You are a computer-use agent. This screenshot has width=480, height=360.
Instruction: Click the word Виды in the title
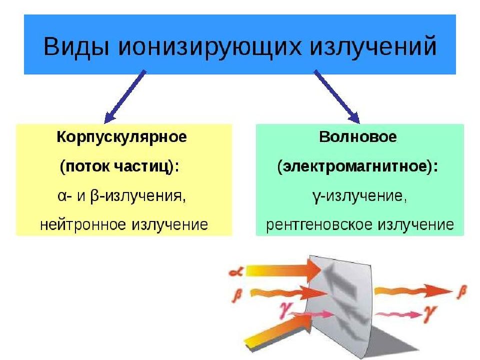[x=76, y=46]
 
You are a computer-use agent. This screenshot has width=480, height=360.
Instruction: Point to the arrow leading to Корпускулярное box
[x=125, y=96]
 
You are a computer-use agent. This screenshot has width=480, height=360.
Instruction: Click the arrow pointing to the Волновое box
[x=336, y=96]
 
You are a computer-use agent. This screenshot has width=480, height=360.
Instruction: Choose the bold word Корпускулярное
[x=122, y=137]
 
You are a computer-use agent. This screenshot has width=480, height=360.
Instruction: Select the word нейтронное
[x=83, y=225]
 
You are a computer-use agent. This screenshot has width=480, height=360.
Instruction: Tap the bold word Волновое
[x=358, y=137]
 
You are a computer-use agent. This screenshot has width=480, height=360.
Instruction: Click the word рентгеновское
[x=319, y=225]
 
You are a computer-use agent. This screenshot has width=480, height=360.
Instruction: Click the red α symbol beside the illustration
[x=236, y=271]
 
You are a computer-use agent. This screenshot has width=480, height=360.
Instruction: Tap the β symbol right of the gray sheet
[x=461, y=291]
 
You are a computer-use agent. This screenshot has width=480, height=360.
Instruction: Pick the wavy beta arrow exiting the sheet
[x=413, y=291]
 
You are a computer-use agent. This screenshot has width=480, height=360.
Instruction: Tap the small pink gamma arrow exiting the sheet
[x=399, y=314]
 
